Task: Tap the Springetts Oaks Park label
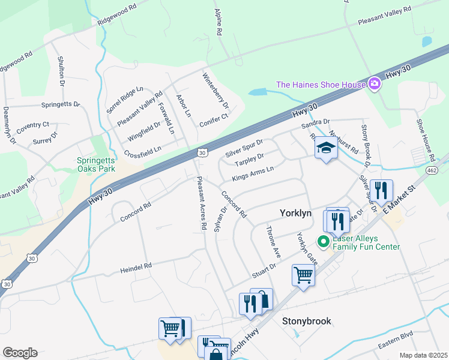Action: pyautogui.click(x=95, y=164)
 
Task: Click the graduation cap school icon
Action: pyautogui.click(x=326, y=148)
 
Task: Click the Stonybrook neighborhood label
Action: pyautogui.click(x=306, y=321)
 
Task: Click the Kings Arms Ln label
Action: pyautogui.click(x=253, y=173)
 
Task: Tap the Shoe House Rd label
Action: pyautogui.click(x=426, y=140)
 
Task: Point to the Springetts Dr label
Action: pyautogui.click(x=61, y=104)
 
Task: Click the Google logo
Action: pyautogui.click(x=20, y=353)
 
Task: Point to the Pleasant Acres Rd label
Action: pyautogui.click(x=199, y=204)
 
